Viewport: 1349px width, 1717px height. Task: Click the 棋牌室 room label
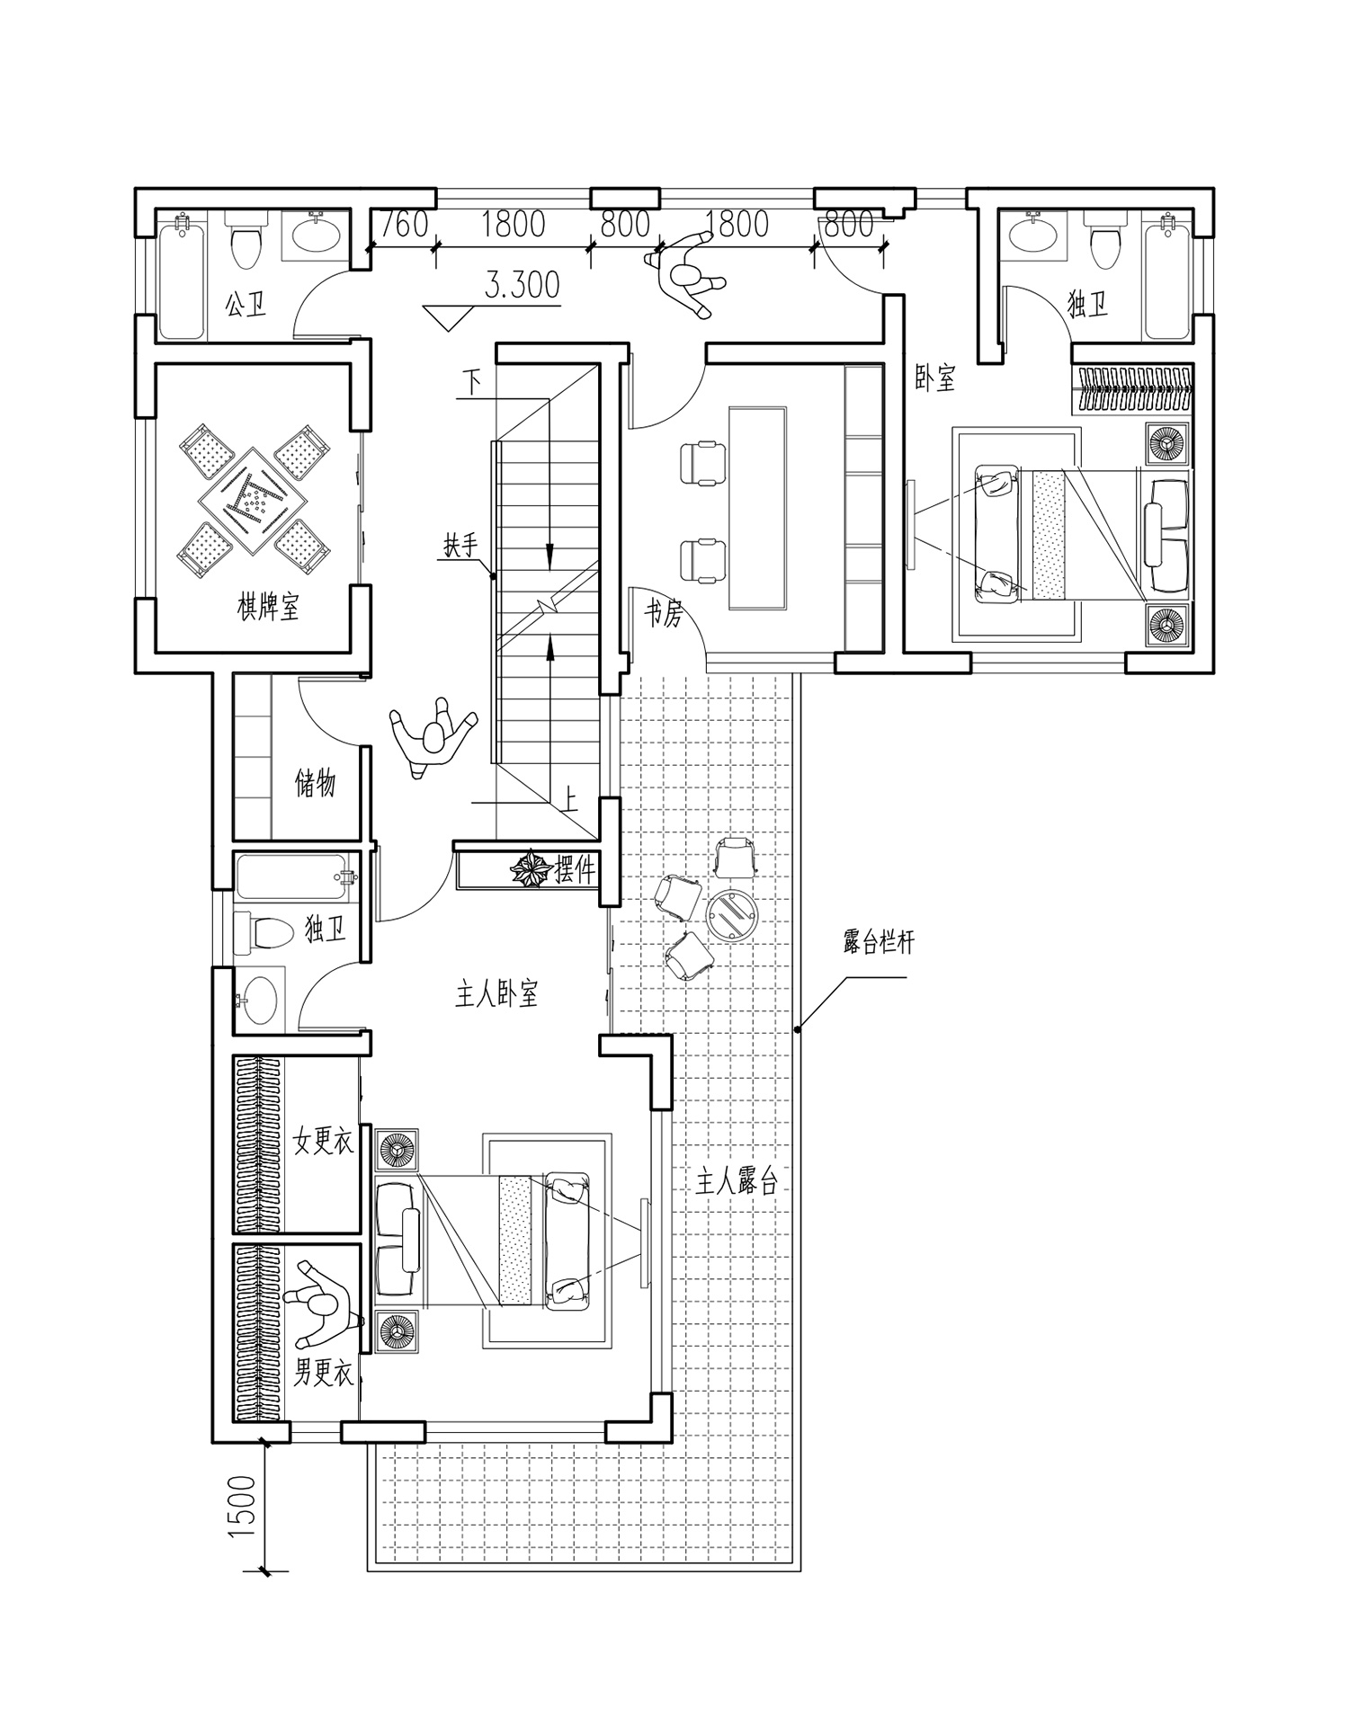click(x=268, y=608)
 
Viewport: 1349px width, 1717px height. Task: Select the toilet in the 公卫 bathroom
click(x=244, y=241)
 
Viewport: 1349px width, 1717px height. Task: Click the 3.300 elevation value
click(x=522, y=285)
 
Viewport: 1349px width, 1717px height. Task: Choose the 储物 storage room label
click(x=315, y=784)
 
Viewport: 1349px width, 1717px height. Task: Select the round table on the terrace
click(x=731, y=915)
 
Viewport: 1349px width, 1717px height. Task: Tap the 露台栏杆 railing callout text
click(x=878, y=944)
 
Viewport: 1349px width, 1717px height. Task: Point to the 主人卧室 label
click(x=496, y=994)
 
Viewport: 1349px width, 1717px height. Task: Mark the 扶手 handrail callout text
click(x=459, y=545)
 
